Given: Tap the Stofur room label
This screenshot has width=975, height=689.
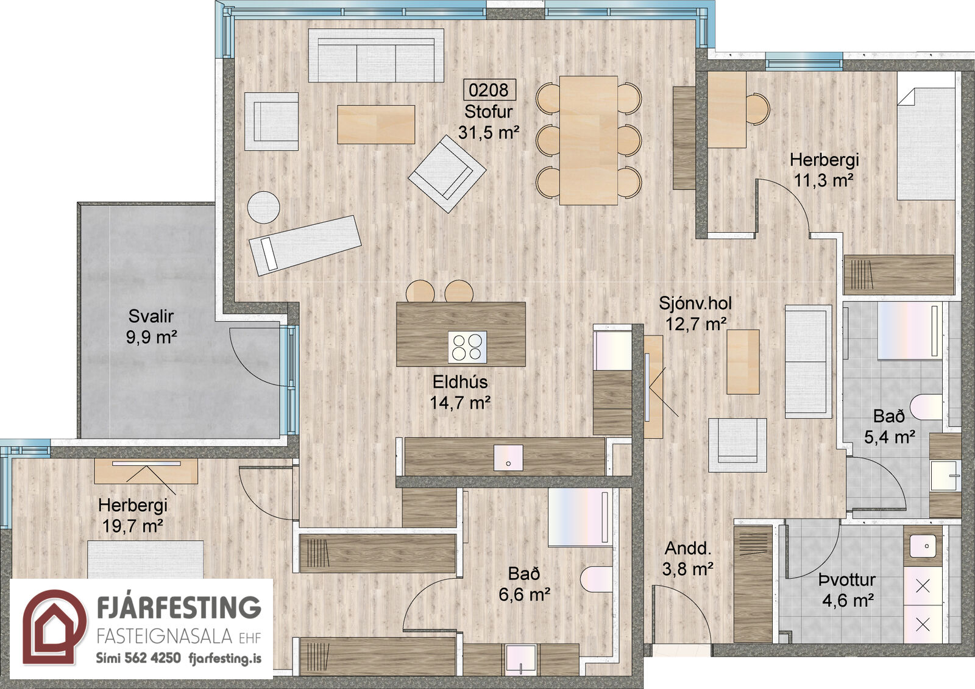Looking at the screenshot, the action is [x=488, y=112].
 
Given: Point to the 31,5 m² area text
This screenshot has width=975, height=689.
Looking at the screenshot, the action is [x=488, y=132].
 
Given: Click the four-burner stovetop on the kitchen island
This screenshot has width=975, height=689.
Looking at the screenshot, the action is [x=467, y=347].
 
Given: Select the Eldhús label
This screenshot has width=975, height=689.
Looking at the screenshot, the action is [x=460, y=382].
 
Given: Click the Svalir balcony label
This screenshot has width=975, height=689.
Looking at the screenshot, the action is [x=151, y=316].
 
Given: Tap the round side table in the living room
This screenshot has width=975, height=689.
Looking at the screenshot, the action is [x=263, y=208].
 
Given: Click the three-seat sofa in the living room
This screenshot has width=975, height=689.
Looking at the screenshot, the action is [x=376, y=55].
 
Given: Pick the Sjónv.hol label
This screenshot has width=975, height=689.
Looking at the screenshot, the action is [x=695, y=303].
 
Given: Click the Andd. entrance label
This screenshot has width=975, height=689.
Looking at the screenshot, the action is [x=688, y=548].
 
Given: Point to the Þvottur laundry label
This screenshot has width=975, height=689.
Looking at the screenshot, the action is [x=847, y=580].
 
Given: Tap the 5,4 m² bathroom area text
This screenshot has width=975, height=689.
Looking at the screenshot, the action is [x=890, y=437].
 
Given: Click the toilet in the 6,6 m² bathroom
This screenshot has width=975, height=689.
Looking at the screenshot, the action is [x=597, y=579].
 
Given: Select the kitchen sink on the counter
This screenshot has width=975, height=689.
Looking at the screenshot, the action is [x=508, y=458].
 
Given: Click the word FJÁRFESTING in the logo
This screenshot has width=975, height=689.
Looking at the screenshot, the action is [x=179, y=607].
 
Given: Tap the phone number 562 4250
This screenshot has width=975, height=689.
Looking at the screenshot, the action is [x=152, y=657].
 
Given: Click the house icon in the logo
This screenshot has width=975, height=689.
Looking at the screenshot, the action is [x=54, y=627].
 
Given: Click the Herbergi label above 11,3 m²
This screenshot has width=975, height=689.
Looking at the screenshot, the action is [x=824, y=160].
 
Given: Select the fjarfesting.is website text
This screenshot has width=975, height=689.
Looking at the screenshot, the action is [x=225, y=658].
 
